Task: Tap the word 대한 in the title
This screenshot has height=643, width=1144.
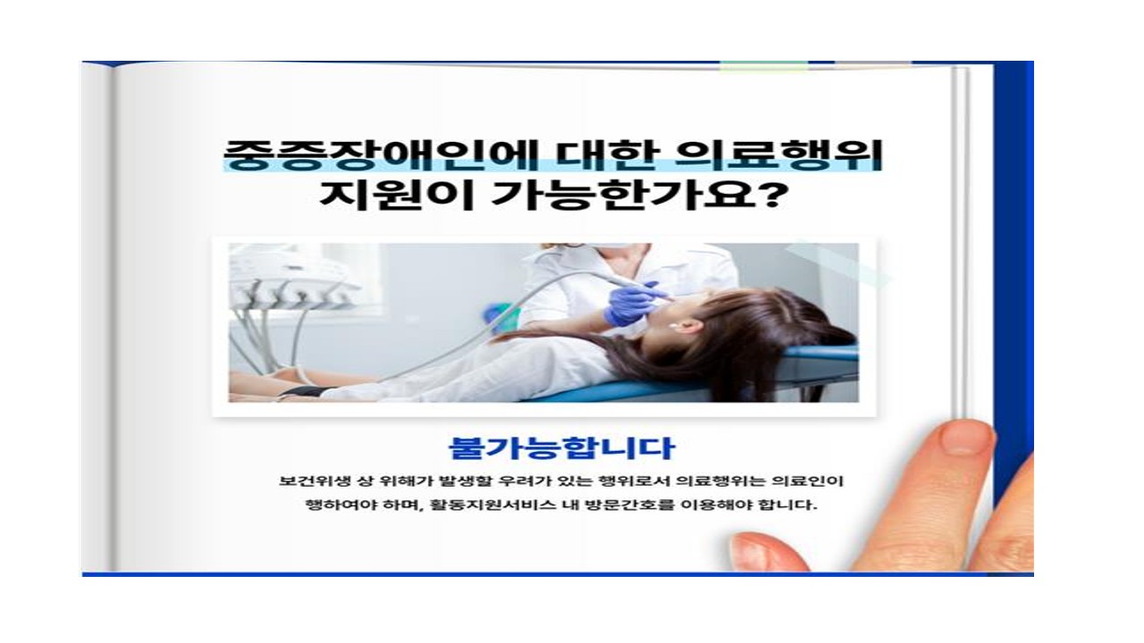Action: [607, 154]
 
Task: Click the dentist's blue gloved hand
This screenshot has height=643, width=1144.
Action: [631, 304]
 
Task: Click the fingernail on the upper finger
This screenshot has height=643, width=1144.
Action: [962, 438]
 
